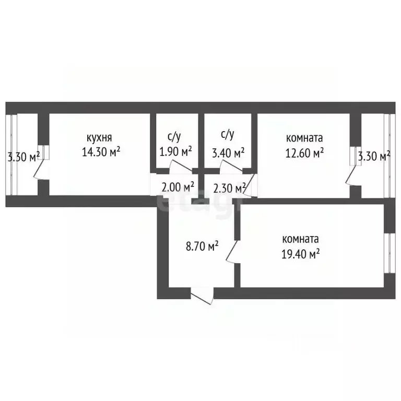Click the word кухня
tap(99, 138)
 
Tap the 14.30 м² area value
tap(101, 152)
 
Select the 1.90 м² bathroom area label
tap(175, 151)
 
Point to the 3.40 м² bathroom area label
tap(228, 152)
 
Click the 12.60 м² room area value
tap(304, 153)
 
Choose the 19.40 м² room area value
tap(301, 254)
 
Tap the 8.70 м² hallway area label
tap(202, 246)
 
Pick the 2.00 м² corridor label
tap(178, 187)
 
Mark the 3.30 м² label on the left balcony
tap(23, 157)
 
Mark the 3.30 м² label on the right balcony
tap(374, 156)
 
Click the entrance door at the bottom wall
tap(202, 296)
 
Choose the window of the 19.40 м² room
tap(390, 253)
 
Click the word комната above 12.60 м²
tap(304, 138)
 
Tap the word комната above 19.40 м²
tap(301, 239)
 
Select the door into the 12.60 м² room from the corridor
tap(249, 185)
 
